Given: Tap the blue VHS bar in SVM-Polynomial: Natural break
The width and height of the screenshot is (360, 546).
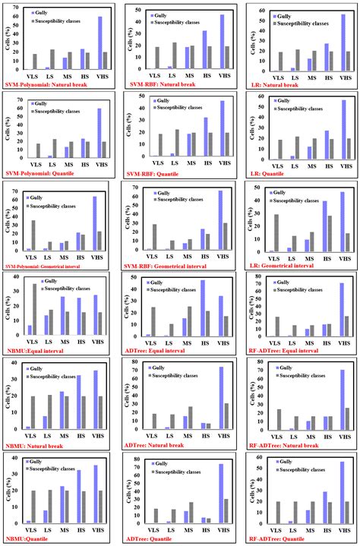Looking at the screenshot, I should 99,44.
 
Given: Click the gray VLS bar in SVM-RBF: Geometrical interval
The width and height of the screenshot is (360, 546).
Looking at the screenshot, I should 154,237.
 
